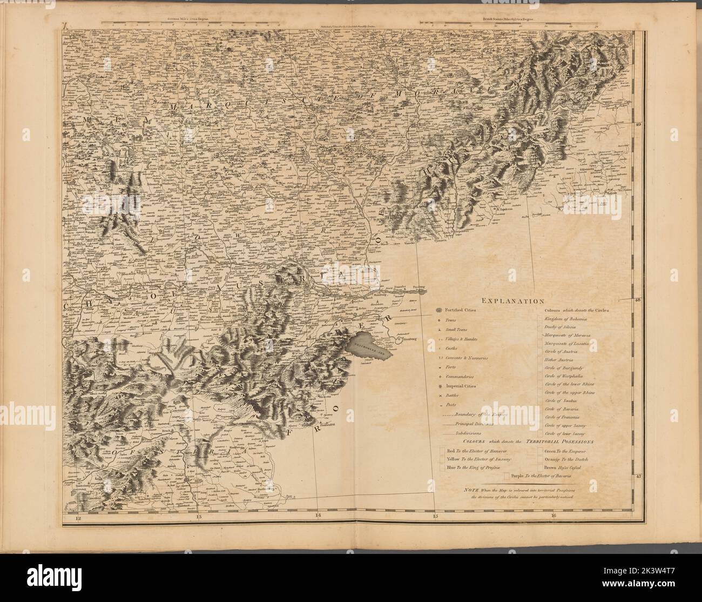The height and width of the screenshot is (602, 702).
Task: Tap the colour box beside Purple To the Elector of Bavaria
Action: (x=507, y=477)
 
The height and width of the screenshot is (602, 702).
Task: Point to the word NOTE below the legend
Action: (x=470, y=489)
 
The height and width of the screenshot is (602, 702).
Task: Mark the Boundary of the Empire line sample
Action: (x=448, y=414)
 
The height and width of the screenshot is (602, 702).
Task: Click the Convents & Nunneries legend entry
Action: (x=467, y=358)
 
